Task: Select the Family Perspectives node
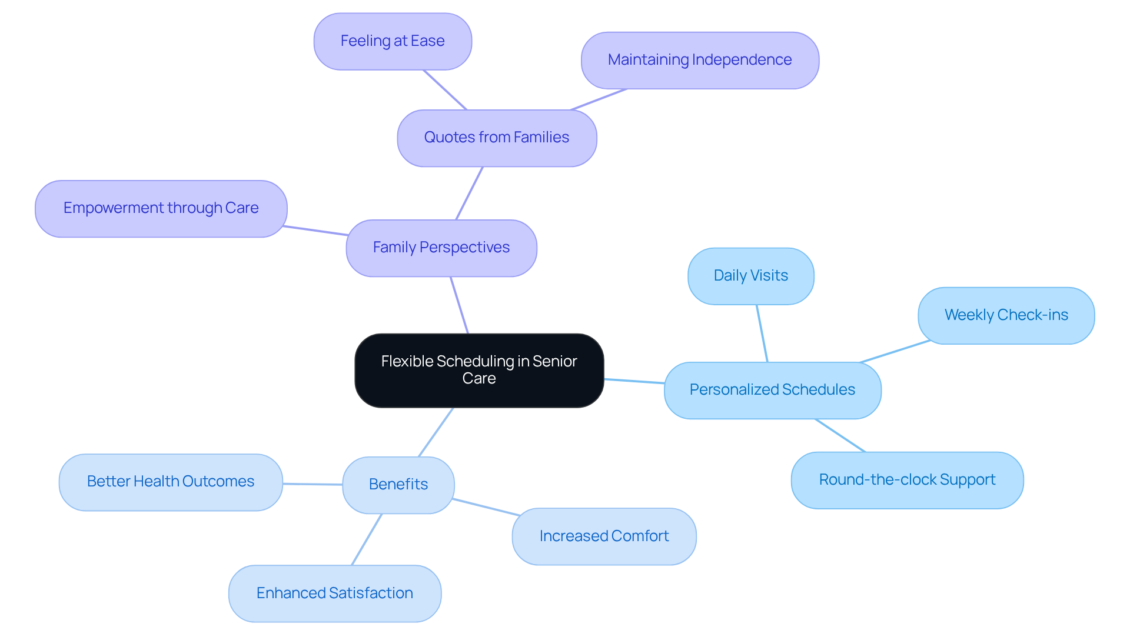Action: (x=441, y=248)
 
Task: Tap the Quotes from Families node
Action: (x=497, y=138)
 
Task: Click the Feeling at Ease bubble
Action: (x=393, y=41)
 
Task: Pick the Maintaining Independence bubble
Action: (x=700, y=60)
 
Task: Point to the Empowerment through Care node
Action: (x=161, y=208)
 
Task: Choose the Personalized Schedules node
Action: (x=772, y=390)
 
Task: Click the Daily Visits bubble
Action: (x=750, y=276)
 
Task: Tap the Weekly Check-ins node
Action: (x=1006, y=315)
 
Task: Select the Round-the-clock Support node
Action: (x=907, y=480)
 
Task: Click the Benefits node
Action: (x=398, y=485)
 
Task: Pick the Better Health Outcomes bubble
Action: (x=171, y=482)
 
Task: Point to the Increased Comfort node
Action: (x=604, y=536)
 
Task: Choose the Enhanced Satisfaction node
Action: (x=334, y=593)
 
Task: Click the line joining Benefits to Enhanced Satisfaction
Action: (x=367, y=539)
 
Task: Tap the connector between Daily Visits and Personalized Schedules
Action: (x=762, y=333)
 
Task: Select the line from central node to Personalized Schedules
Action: (x=634, y=381)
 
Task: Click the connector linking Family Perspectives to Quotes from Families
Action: (x=469, y=194)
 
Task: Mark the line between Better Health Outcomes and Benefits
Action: (x=313, y=484)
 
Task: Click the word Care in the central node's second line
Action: (x=479, y=379)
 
